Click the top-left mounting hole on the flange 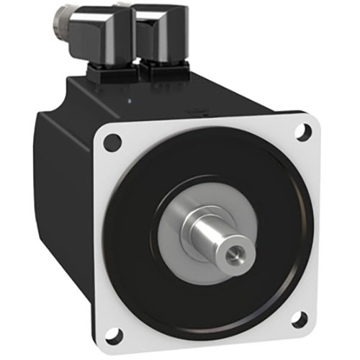[112, 143]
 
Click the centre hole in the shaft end [235, 255]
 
